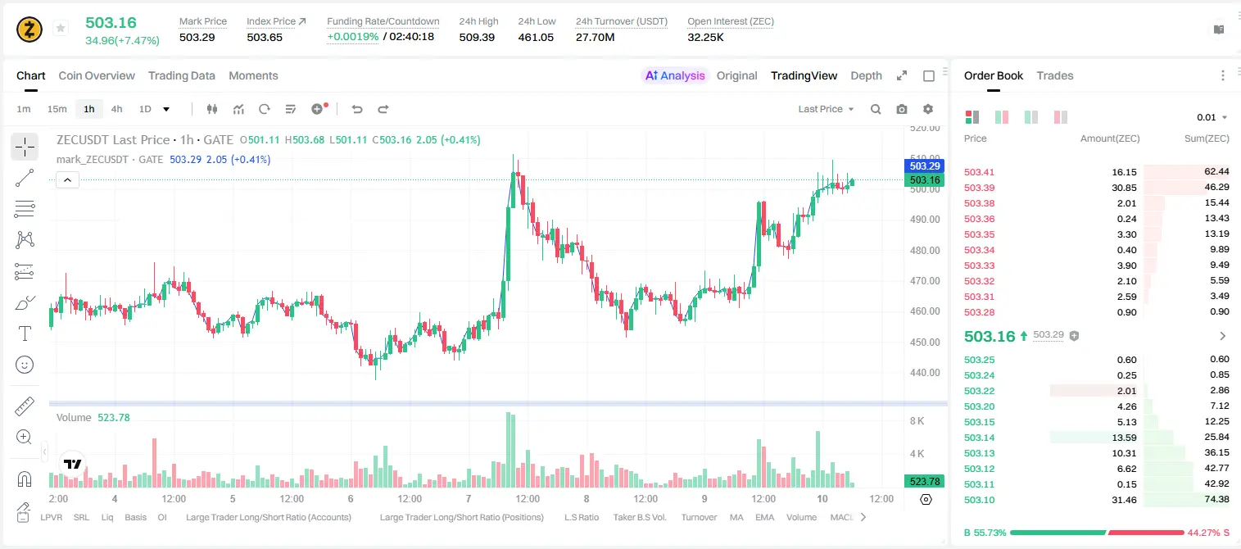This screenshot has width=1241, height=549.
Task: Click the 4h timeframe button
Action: pos(116,109)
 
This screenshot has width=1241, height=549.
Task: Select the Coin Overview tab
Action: pos(97,75)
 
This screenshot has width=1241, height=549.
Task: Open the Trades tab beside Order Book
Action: pos(1055,75)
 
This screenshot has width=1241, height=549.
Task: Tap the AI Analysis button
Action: pos(675,75)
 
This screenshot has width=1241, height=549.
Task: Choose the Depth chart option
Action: pos(866,75)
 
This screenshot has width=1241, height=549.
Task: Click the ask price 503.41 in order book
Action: pos(979,172)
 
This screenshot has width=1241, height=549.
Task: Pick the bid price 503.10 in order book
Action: pos(979,500)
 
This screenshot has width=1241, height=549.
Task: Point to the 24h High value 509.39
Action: pos(477,37)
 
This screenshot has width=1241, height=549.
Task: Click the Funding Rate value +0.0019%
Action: pos(353,37)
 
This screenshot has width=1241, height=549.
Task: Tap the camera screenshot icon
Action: pos(902,109)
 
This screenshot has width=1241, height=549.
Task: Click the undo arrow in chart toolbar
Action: pos(357,109)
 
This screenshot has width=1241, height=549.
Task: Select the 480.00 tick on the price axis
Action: pos(925,251)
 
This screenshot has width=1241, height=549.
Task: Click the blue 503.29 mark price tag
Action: pos(924,166)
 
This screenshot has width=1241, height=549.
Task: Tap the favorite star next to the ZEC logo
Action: pos(61,28)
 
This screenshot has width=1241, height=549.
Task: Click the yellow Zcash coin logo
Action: pos(29,29)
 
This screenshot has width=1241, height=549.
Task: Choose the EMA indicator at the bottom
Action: pos(764,517)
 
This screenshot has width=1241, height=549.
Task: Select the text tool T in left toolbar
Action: pos(25,334)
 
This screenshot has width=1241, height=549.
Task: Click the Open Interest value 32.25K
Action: pos(705,37)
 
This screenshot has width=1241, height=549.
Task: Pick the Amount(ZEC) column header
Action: pos(1110,138)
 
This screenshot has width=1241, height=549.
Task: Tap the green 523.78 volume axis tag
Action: pos(924,482)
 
